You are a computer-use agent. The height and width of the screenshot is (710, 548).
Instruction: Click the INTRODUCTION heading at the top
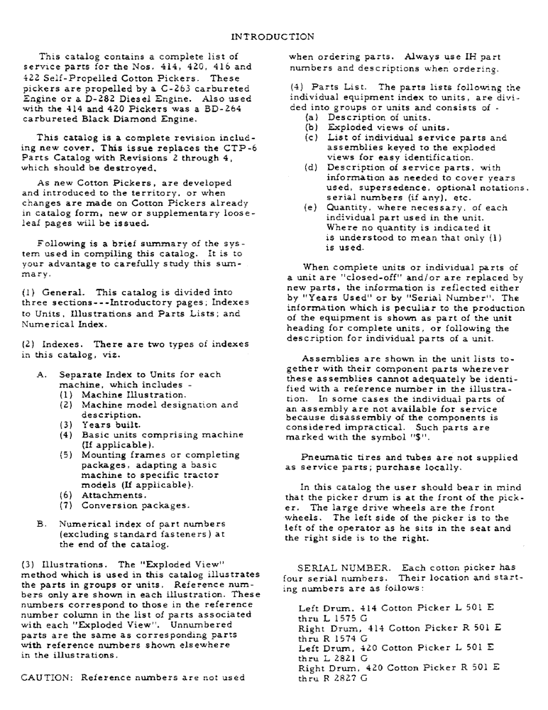pos(273,35)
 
